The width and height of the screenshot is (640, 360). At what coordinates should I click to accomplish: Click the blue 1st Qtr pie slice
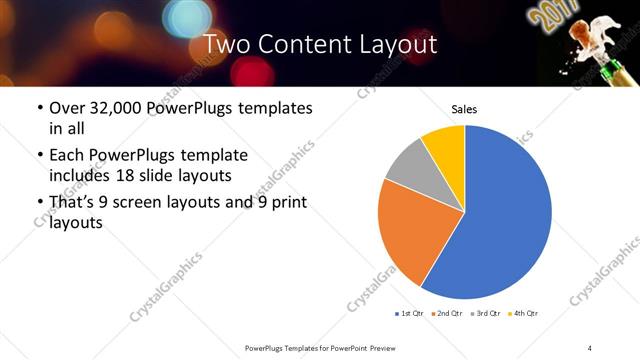(500, 220)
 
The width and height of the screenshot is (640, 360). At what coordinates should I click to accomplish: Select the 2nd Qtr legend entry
(445, 313)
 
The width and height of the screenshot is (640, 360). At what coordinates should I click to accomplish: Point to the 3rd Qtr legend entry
(483, 313)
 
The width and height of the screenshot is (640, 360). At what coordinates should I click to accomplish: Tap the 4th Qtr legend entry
(522, 313)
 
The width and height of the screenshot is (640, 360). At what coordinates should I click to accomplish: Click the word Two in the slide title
(227, 44)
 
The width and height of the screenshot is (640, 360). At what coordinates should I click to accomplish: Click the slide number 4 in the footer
(590, 347)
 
